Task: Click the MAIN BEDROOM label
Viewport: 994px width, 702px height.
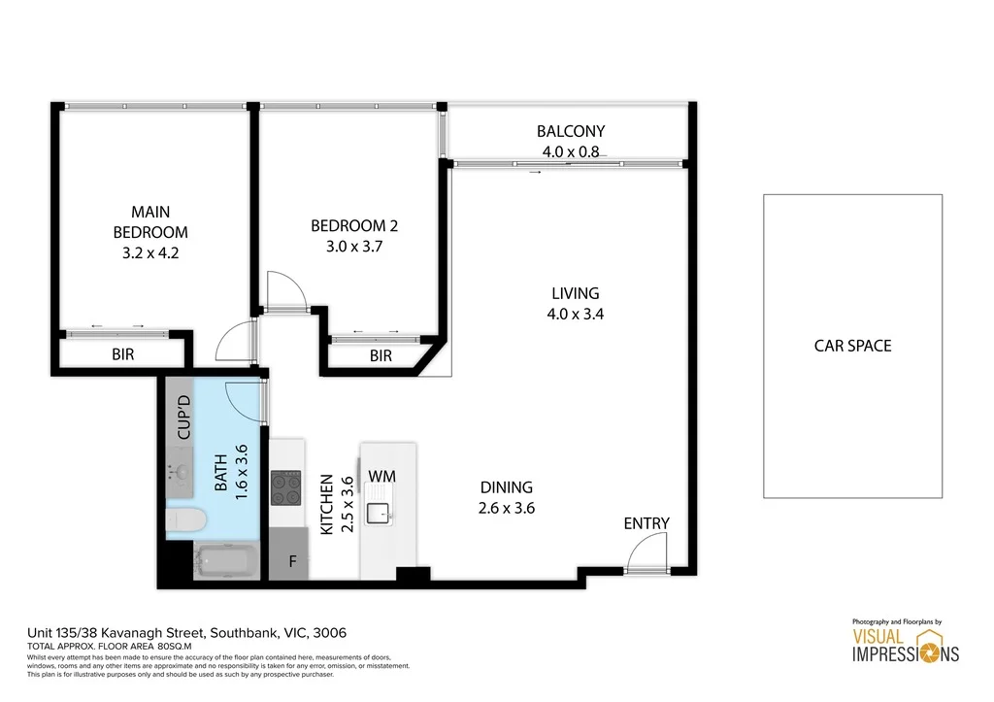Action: click(150, 221)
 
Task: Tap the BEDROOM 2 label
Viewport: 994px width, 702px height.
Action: click(354, 226)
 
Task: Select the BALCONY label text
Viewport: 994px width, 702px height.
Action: click(571, 131)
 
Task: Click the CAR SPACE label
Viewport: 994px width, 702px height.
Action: click(852, 345)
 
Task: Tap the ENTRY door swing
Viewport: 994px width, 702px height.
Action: click(643, 555)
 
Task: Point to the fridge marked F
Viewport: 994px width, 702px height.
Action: click(292, 561)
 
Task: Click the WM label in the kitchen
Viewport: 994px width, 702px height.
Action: click(381, 477)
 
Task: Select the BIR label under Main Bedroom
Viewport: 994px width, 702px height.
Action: click(122, 355)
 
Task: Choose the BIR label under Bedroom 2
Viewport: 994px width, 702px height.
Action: click(381, 356)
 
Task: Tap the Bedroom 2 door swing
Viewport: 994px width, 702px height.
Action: click(287, 289)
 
